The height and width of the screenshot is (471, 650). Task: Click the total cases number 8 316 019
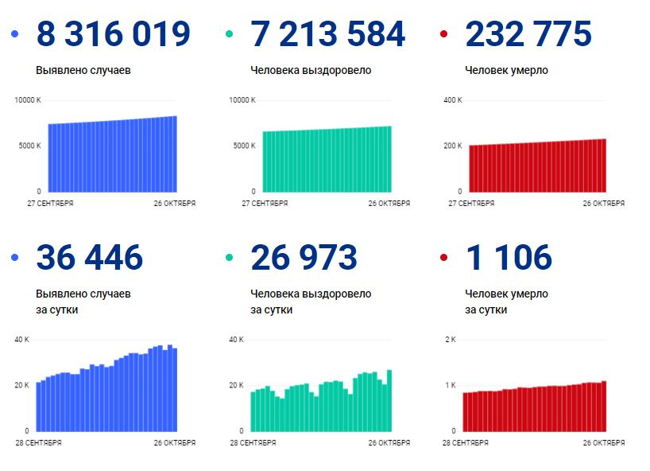click(x=113, y=33)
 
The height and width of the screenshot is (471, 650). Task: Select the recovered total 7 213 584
click(x=327, y=33)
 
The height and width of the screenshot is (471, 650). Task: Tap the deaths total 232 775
click(x=528, y=33)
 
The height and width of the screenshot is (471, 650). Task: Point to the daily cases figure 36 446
click(x=90, y=257)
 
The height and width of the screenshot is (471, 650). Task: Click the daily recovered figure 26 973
click(x=304, y=257)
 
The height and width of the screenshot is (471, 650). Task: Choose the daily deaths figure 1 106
click(x=509, y=257)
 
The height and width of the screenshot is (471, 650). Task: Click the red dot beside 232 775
click(x=443, y=33)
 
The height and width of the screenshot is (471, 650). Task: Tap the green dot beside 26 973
click(x=229, y=258)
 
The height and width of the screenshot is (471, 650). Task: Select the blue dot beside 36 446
click(x=15, y=258)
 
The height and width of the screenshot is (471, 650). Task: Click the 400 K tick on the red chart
click(x=453, y=100)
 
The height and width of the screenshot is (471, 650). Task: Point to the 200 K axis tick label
click(x=453, y=146)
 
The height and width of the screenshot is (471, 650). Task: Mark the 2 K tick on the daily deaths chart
click(x=451, y=340)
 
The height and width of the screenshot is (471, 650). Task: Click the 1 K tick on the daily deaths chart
click(x=451, y=385)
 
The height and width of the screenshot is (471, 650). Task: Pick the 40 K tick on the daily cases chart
click(x=22, y=340)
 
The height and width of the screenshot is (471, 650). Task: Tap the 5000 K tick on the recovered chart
click(x=245, y=146)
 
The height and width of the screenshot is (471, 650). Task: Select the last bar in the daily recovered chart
click(x=389, y=400)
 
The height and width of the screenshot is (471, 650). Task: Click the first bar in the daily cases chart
click(x=39, y=407)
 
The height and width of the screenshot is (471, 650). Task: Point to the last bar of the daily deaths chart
click(x=604, y=407)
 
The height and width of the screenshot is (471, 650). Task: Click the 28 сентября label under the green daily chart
click(x=253, y=443)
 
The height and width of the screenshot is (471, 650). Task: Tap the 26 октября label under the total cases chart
click(x=175, y=204)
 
